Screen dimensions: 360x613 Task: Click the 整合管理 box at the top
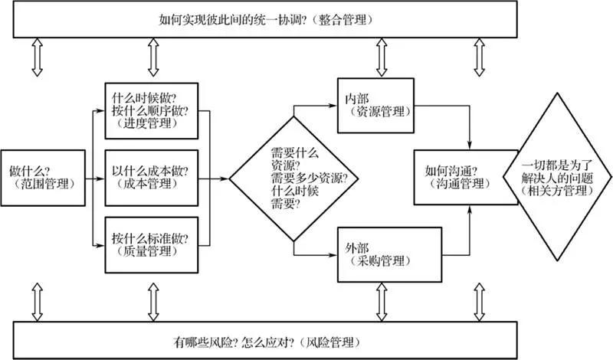click(306, 20)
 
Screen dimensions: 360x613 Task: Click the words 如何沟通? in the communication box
click(447, 170)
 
